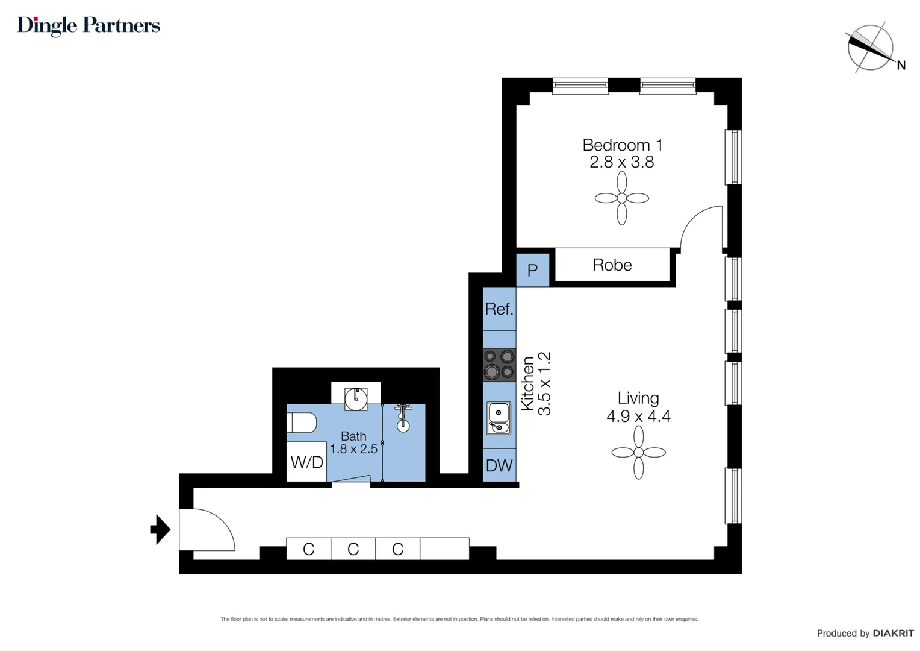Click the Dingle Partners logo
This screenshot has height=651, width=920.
click(x=89, y=25)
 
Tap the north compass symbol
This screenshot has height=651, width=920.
click(x=871, y=48)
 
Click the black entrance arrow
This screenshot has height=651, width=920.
click(x=160, y=529)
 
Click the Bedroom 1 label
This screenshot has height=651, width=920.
click(x=622, y=145)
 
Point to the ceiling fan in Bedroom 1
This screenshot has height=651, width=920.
click(x=621, y=198)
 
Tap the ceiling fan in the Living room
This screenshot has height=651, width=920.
click(x=638, y=452)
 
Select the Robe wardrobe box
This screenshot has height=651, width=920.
click(x=612, y=265)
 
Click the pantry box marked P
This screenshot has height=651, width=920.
click(x=532, y=270)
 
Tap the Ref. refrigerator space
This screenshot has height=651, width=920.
click(x=499, y=309)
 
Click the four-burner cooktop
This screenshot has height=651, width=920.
click(x=499, y=364)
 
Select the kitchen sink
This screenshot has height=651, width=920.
click(x=499, y=418)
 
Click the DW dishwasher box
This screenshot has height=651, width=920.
click(x=499, y=465)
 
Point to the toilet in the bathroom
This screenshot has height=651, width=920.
click(x=302, y=423)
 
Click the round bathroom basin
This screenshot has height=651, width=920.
click(x=356, y=398)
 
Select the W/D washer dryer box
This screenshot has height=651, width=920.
click(x=307, y=462)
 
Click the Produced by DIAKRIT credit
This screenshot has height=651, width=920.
click(x=865, y=633)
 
